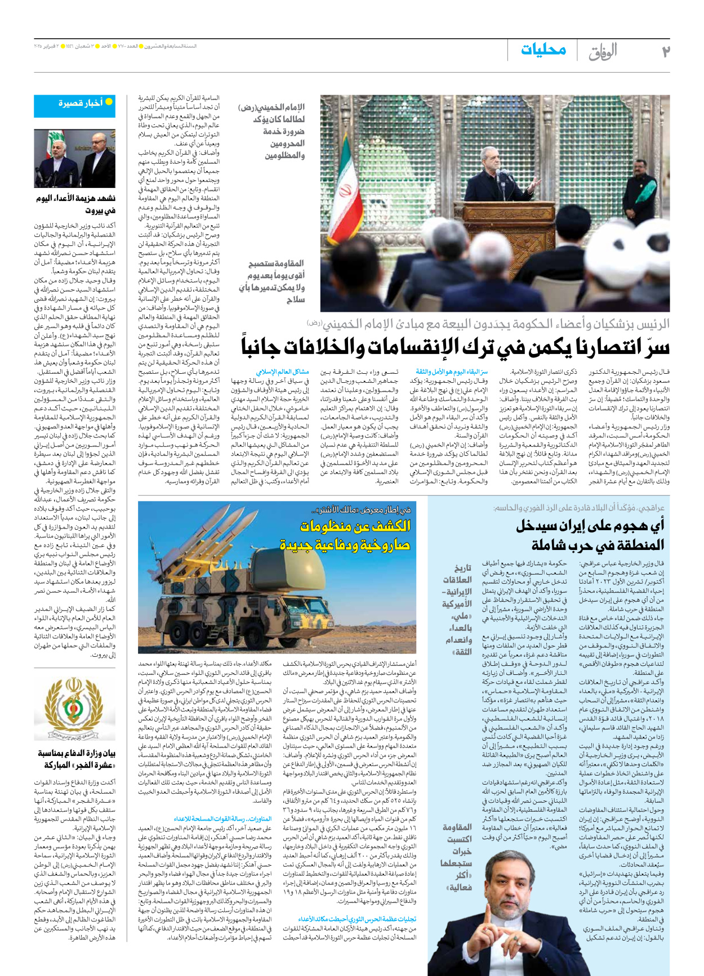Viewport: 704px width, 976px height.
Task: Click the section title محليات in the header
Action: (543, 50)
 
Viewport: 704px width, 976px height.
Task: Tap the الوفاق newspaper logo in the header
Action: (603, 52)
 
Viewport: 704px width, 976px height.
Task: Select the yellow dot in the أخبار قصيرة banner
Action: (109, 102)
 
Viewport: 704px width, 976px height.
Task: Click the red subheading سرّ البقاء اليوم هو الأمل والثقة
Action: (452, 372)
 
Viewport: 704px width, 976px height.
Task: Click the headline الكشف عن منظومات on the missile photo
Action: (355, 526)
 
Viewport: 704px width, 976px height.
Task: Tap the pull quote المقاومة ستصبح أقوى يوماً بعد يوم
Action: (275, 281)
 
